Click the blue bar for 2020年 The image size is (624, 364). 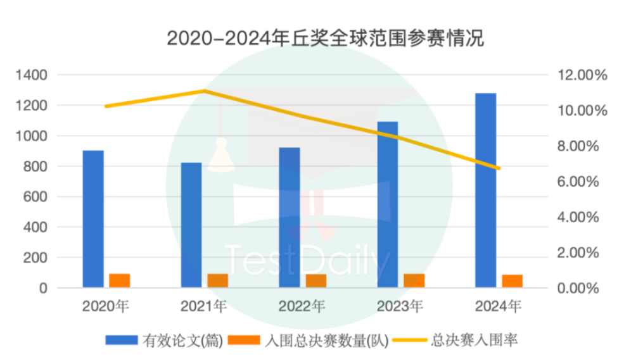93,219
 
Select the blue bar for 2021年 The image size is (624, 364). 191,225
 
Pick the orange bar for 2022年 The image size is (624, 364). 316,280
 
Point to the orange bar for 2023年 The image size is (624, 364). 414,280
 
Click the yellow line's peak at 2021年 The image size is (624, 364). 204,91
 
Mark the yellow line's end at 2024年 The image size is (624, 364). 499,168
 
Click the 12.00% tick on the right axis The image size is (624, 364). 582,75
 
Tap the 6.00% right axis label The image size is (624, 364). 578,182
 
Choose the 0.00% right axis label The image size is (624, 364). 578,288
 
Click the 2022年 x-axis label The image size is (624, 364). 302,307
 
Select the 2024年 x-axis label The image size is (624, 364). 498,307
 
